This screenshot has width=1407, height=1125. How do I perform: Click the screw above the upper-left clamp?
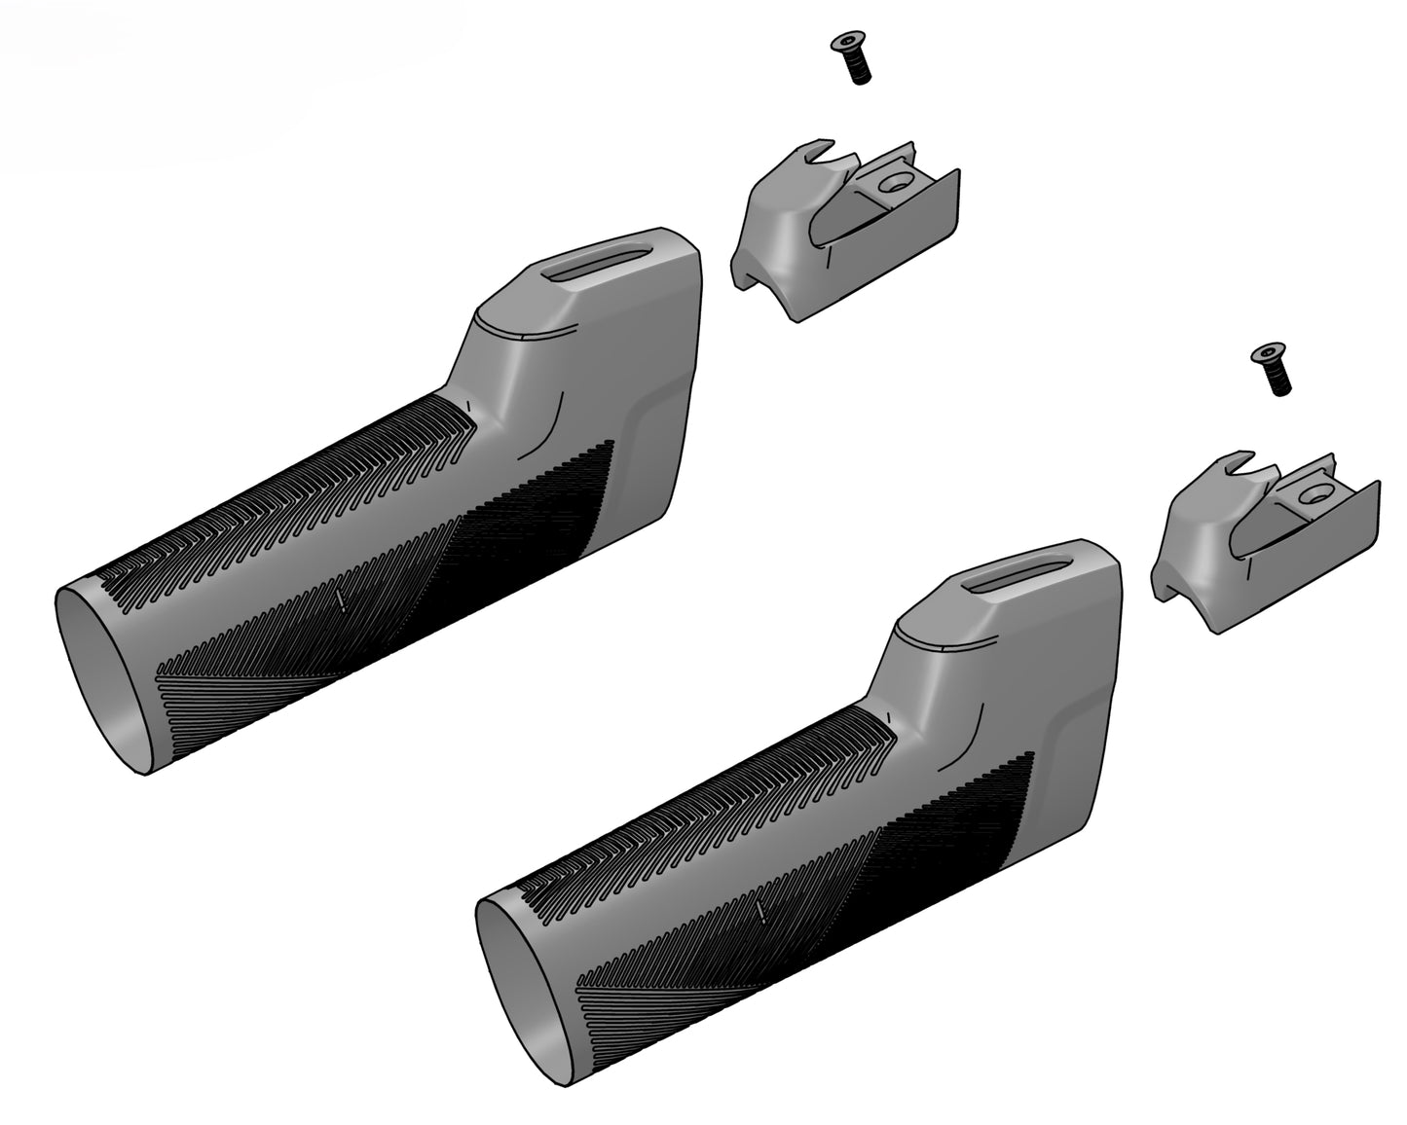[850, 57]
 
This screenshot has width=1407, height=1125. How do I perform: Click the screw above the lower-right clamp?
[1272, 369]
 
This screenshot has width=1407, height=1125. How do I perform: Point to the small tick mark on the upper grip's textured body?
[340, 599]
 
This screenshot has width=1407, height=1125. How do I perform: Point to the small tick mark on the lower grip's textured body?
[760, 911]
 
